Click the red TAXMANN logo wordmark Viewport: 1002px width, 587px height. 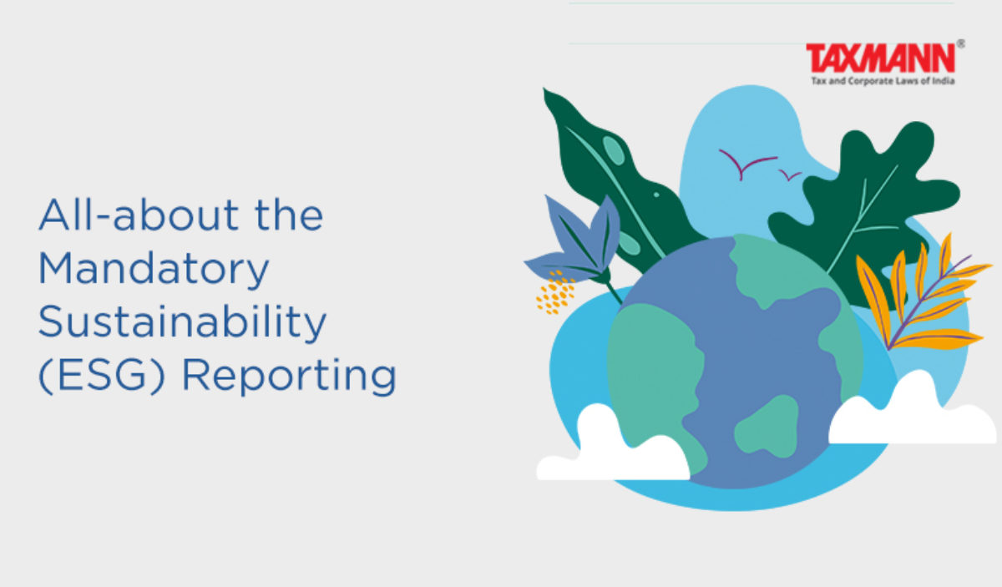pyautogui.click(x=880, y=58)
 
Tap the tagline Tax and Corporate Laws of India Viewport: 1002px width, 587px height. pyautogui.click(x=883, y=81)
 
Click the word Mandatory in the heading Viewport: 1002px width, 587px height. pyautogui.click(x=154, y=269)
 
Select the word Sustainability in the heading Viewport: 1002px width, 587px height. pyautogui.click(x=183, y=321)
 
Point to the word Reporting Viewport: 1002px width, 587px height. pyautogui.click(x=290, y=376)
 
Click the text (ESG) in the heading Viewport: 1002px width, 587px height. pyautogui.click(x=102, y=376)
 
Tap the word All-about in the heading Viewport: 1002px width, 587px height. pyautogui.click(x=139, y=215)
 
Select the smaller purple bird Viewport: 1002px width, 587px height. pyautogui.click(x=790, y=175)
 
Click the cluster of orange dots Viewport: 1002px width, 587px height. pyautogui.click(x=555, y=292)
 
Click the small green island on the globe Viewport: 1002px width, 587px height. pyautogui.click(x=767, y=426)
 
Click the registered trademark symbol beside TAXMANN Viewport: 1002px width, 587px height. pyautogui.click(x=961, y=44)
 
